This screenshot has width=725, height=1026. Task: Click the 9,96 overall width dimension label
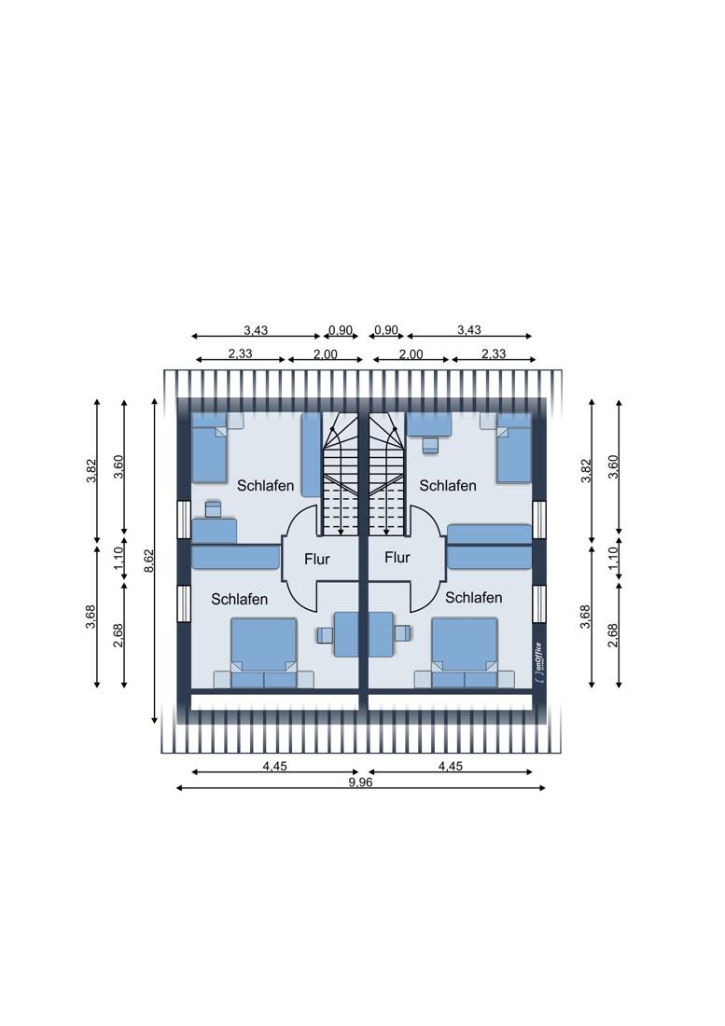[x=360, y=783]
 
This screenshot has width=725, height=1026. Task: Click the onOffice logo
[x=540, y=664]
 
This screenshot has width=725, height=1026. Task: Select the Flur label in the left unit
[x=318, y=559]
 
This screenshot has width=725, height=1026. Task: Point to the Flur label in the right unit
[x=397, y=558]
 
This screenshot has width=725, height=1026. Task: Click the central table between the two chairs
[x=365, y=634]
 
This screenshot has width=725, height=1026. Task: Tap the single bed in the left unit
[x=210, y=447]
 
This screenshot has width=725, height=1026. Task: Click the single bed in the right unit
[x=513, y=448]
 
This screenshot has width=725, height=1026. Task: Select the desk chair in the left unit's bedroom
[x=214, y=508]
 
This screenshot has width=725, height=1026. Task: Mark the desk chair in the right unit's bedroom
[x=429, y=444]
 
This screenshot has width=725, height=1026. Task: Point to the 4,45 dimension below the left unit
[x=274, y=766]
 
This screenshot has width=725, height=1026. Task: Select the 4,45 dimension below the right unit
[x=450, y=766]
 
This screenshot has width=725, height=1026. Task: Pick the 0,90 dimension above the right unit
[x=385, y=330]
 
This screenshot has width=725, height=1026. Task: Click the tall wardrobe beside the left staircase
[x=311, y=454]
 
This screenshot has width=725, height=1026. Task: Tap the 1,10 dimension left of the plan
[x=119, y=560]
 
